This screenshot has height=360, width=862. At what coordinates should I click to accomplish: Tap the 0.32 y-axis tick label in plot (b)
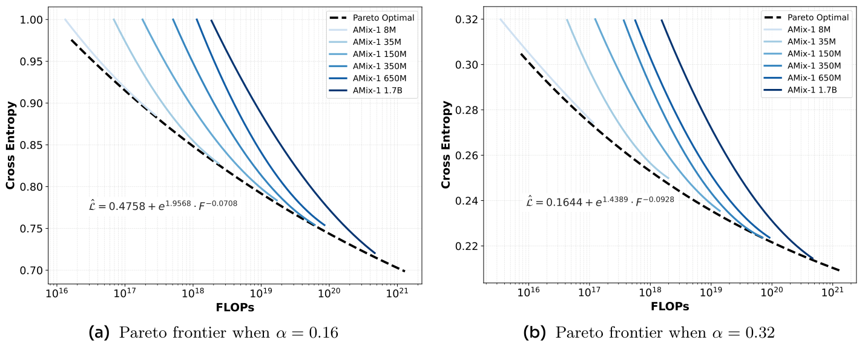(468, 19)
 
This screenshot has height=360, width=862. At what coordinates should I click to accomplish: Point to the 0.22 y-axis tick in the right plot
(468, 246)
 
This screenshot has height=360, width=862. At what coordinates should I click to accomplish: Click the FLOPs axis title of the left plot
(234, 307)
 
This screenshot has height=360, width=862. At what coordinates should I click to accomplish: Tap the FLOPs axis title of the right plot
(670, 307)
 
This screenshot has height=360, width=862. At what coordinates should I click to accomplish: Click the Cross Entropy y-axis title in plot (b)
(446, 145)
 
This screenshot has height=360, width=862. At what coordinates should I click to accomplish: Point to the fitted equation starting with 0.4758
(163, 206)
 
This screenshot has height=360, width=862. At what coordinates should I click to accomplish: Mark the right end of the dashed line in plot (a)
(405, 271)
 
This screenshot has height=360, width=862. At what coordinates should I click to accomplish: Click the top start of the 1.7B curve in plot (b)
(661, 20)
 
